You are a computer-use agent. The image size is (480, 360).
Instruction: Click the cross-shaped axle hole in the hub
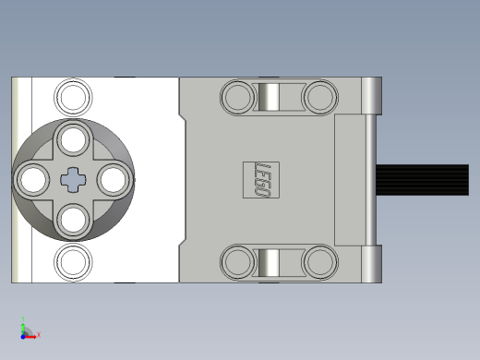tap(73, 180)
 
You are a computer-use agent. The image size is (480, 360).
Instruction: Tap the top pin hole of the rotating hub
tap(73, 139)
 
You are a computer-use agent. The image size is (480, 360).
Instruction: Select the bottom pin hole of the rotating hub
tap(73, 221)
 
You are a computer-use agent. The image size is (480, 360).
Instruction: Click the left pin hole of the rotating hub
tap(33, 180)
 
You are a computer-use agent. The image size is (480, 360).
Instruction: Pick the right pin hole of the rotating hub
tap(114, 180)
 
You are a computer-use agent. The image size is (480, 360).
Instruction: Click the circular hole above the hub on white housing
tap(73, 97)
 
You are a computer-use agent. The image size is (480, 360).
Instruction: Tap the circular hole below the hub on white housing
tap(73, 262)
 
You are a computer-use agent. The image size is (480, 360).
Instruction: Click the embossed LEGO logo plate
tap(261, 180)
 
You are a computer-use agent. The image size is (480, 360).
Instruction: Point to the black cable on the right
tap(423, 180)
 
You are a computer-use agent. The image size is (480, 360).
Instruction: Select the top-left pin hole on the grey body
tap(238, 97)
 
